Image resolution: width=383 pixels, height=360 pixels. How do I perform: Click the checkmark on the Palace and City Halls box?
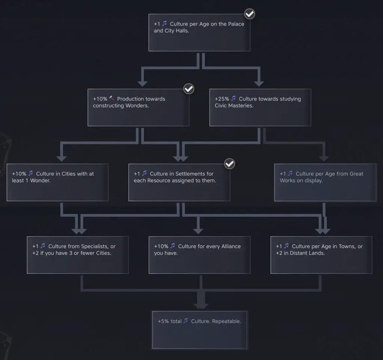coord(249,14)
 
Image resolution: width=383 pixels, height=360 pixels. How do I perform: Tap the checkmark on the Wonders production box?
coord(189,89)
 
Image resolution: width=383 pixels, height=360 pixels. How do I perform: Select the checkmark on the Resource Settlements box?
coord(229,164)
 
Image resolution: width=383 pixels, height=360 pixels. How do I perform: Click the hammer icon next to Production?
coord(111,98)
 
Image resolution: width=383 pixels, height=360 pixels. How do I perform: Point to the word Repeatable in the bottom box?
coord(226,321)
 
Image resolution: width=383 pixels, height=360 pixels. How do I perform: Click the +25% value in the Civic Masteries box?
coord(222,99)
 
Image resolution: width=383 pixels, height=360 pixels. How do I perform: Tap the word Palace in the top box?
coord(236,24)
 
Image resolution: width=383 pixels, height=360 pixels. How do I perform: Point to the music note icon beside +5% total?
coord(186,320)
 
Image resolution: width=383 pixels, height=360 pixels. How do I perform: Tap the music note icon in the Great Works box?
coord(290,173)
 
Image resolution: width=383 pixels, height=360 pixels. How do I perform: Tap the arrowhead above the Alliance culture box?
coord(198,231)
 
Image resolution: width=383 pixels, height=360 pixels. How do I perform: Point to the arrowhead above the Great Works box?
coord(324,159)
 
